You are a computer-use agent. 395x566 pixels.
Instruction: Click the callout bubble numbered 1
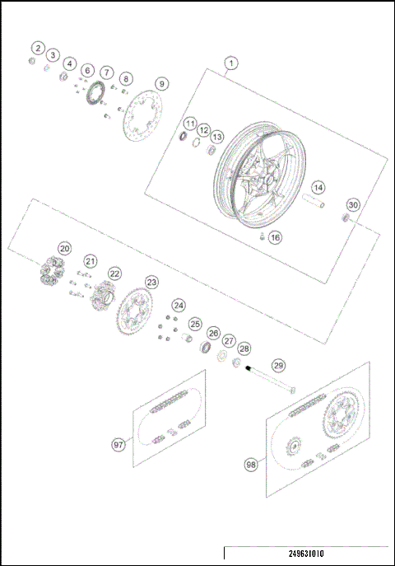[x=231, y=63]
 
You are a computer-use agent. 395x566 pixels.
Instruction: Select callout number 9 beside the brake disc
[x=162, y=83]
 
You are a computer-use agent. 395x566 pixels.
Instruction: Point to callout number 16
[x=275, y=237]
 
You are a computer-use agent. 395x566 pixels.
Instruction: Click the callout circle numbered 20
[x=64, y=248]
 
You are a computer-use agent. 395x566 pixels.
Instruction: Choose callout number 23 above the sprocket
[x=151, y=282]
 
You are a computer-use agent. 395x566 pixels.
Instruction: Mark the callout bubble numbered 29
[x=278, y=365]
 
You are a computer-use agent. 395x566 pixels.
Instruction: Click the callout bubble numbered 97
[x=118, y=444]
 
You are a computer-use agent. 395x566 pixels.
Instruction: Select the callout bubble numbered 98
[x=251, y=465]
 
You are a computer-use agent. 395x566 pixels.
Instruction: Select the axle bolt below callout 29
[x=270, y=385]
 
